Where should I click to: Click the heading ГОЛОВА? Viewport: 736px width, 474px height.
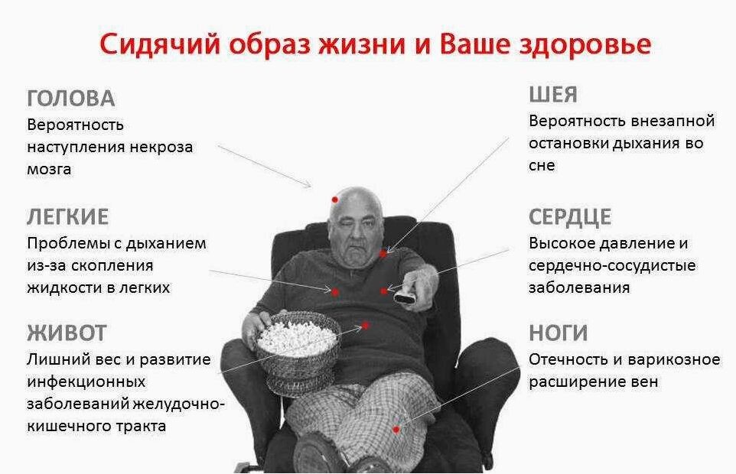(70, 99)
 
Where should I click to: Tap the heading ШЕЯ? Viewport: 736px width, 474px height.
(552, 95)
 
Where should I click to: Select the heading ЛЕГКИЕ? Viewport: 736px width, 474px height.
(67, 217)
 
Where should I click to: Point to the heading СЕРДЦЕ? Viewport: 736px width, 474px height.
(569, 217)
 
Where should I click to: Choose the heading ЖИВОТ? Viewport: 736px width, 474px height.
(66, 333)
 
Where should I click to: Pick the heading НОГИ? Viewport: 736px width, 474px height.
(558, 333)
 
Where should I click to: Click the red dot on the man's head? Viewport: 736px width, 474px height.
(334, 199)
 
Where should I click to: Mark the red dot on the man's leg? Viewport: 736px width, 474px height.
(396, 429)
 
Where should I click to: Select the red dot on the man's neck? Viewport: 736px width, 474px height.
(382, 252)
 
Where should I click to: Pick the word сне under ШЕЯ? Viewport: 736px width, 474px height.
(541, 164)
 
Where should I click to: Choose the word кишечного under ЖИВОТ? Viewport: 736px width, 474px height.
(67, 427)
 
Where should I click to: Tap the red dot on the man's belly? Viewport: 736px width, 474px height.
(368, 325)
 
